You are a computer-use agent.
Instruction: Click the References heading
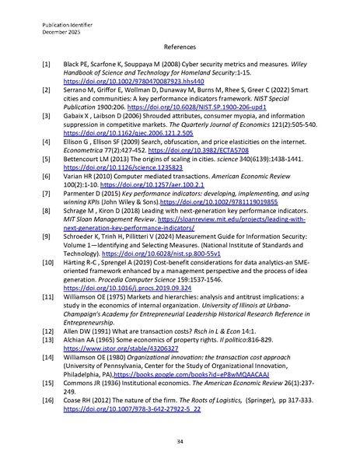coord(180,46)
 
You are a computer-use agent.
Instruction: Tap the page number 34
coord(180,440)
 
